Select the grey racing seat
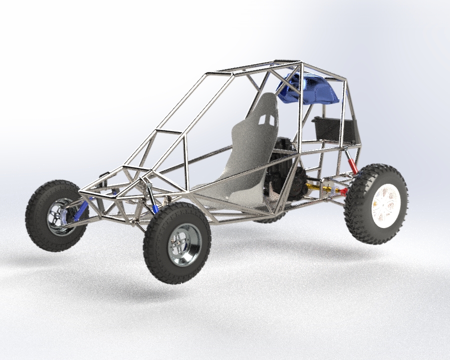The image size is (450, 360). point(250,150)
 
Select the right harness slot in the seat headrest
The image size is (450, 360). point(271,120)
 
